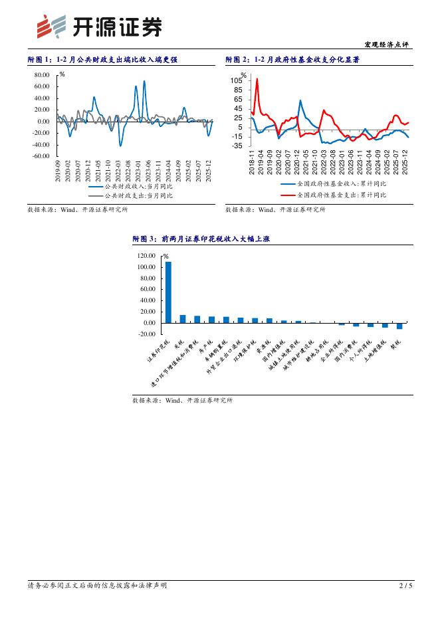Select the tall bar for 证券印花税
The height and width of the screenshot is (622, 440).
[168, 292]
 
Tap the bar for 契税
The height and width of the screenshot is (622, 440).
[399, 326]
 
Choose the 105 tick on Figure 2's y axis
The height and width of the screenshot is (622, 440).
[237, 80]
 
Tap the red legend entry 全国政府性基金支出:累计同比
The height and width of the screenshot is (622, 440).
[332, 195]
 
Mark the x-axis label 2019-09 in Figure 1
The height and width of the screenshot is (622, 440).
[58, 170]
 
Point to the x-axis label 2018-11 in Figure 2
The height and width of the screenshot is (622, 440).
[252, 163]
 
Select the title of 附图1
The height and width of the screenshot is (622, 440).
[102, 60]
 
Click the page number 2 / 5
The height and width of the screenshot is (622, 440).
[405, 585]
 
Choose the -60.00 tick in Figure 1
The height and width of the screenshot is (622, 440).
[41, 156]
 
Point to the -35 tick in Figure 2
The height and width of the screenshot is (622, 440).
[237, 146]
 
